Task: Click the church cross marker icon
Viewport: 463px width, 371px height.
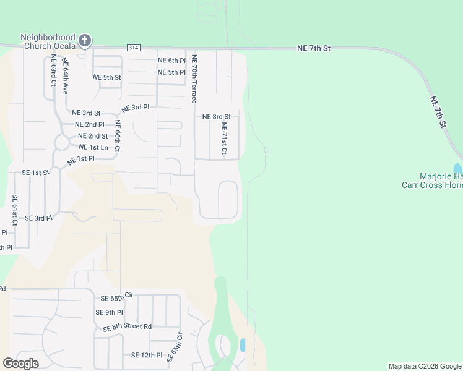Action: click(x=85, y=41)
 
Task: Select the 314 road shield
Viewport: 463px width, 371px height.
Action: click(x=133, y=47)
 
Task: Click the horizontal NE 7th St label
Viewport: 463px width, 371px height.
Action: click(x=314, y=48)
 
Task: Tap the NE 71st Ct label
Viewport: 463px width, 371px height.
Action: click(x=224, y=139)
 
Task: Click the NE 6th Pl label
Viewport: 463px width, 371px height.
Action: click(x=171, y=61)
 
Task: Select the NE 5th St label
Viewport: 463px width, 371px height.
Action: click(x=107, y=77)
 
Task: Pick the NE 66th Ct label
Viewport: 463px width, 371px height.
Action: click(x=117, y=136)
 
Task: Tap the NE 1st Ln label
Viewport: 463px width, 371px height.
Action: click(x=93, y=147)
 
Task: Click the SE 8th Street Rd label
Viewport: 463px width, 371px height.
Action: click(x=128, y=326)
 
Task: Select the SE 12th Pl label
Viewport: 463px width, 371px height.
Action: click(x=146, y=356)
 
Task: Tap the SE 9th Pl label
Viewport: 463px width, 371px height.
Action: click(x=109, y=313)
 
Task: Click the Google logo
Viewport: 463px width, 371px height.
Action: click(x=20, y=364)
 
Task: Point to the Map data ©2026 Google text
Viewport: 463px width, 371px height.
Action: click(x=425, y=366)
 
